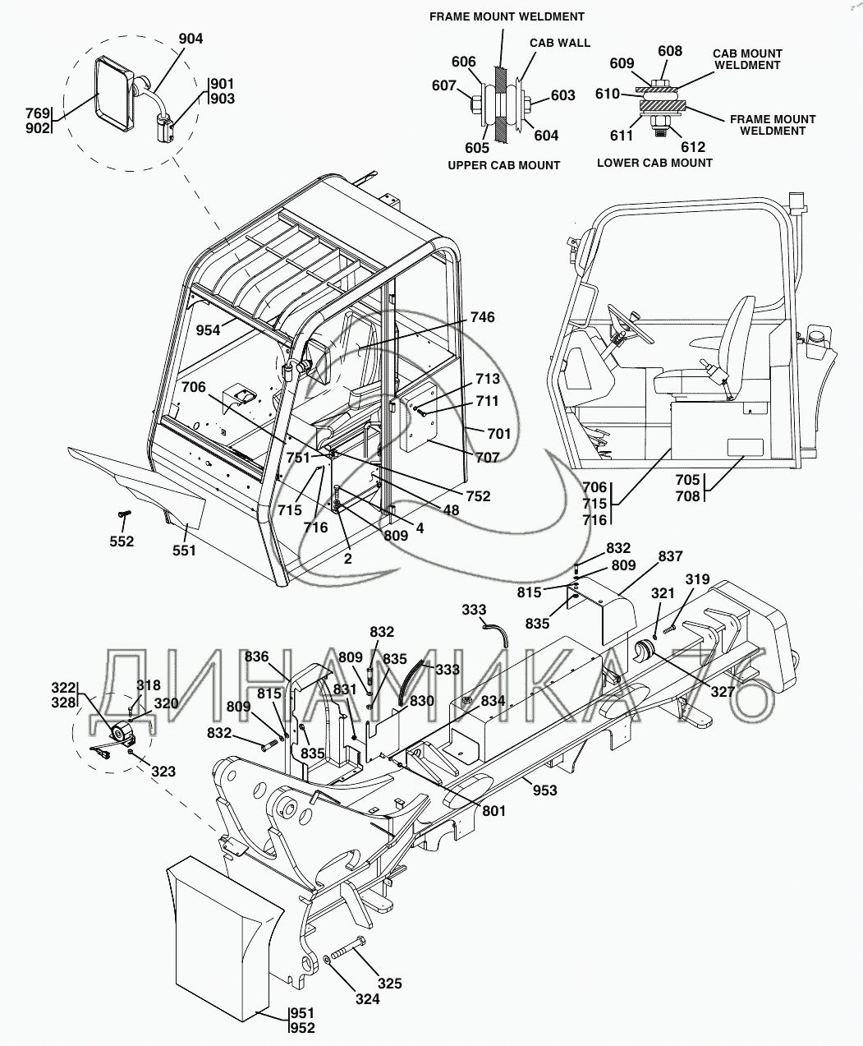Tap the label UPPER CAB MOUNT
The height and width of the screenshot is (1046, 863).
point(503,165)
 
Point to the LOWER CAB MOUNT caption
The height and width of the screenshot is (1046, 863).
point(654,163)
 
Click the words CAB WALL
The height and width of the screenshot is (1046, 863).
point(559,43)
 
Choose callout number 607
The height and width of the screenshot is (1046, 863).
point(446,85)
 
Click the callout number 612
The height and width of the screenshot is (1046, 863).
point(693,147)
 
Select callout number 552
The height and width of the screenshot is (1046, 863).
point(122,541)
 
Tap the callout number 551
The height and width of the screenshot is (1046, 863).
point(185,550)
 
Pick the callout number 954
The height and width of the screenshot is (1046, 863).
point(209,329)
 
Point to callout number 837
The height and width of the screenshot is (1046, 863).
point(670,556)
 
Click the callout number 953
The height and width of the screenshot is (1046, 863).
point(544,790)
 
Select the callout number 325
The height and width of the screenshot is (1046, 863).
point(390,983)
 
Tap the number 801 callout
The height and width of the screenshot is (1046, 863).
point(494,810)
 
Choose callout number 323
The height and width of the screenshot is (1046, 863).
point(163,772)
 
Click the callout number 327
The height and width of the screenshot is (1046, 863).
point(723,692)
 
